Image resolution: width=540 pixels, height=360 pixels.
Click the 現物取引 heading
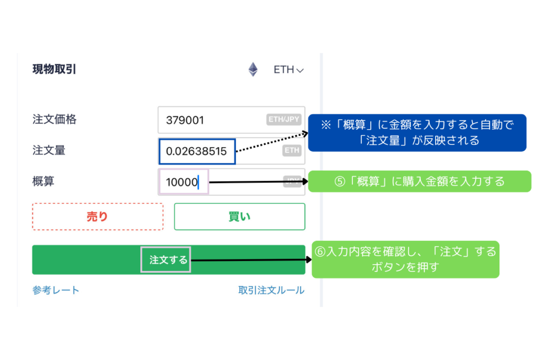[x=54, y=69]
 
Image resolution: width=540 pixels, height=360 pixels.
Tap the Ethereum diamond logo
[x=253, y=70]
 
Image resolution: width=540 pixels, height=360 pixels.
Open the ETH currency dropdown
[x=288, y=70]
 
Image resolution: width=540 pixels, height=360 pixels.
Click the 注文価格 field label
[x=54, y=120]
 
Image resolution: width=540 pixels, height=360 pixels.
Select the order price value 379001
[x=185, y=120]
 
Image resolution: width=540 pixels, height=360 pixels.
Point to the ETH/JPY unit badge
[x=284, y=120]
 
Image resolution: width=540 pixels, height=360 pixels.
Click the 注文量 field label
[x=49, y=151]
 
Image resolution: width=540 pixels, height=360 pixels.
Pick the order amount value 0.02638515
[x=196, y=152]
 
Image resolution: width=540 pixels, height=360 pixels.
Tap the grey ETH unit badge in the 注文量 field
[x=292, y=151]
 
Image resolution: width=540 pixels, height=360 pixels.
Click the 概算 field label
[x=43, y=181]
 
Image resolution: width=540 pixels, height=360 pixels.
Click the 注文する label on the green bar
[x=166, y=260]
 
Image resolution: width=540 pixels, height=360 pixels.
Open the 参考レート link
[x=56, y=290]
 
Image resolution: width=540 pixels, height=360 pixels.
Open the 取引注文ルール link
[x=271, y=290]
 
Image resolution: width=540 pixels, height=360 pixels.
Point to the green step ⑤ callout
[x=419, y=181]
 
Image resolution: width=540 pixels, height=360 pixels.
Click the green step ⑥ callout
[x=405, y=259]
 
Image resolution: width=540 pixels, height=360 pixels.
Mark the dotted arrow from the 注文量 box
[x=272, y=143]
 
